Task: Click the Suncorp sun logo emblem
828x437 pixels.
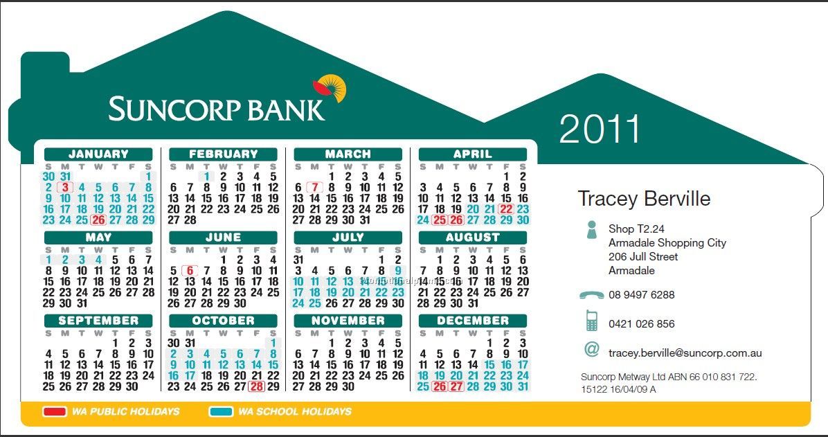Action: (x=330, y=89)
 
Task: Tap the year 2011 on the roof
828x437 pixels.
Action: (x=600, y=129)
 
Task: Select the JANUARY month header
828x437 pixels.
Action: (x=98, y=154)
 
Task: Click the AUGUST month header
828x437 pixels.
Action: (x=473, y=238)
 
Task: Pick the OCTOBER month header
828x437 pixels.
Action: (x=223, y=321)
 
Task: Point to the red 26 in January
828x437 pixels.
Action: (x=98, y=220)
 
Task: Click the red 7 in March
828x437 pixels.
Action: (x=315, y=187)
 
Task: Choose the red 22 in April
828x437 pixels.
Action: (x=506, y=209)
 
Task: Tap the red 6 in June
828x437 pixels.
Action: (x=190, y=271)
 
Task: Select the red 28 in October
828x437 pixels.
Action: (x=256, y=387)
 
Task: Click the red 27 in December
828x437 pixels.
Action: (x=456, y=387)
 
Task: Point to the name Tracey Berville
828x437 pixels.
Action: (x=644, y=199)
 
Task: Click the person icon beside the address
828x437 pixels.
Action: (x=591, y=230)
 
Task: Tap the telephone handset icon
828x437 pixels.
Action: (x=591, y=295)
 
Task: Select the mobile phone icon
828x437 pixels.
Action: (x=591, y=321)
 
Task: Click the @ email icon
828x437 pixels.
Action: (x=591, y=349)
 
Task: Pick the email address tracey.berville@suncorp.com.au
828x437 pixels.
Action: (x=685, y=353)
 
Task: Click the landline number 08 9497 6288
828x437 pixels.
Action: (x=642, y=295)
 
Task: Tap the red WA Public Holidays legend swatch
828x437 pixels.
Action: (x=54, y=411)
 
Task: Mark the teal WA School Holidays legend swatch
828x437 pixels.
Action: (x=221, y=411)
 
